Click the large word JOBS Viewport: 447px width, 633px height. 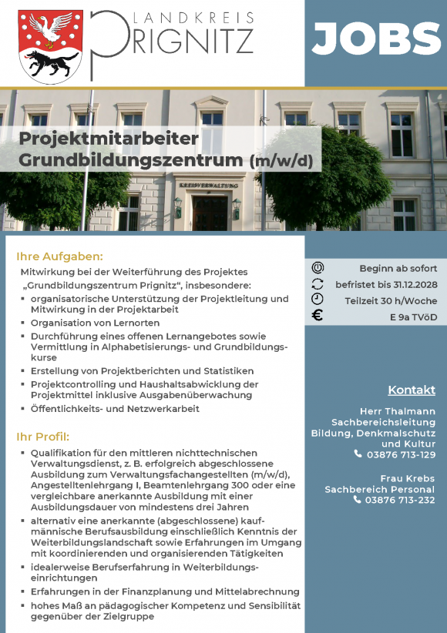pyautogui.click(x=376, y=39)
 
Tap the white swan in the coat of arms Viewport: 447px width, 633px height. pyautogui.click(x=51, y=29)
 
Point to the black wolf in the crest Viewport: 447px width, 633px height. pyautogui.click(x=51, y=62)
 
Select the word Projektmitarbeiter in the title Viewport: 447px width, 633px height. pyautogui.click(x=109, y=139)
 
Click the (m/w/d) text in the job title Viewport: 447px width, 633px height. pyautogui.click(x=281, y=161)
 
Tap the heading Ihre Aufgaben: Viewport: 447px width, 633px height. pyautogui.click(x=59, y=256)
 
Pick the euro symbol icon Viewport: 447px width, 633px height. pyautogui.click(x=318, y=315)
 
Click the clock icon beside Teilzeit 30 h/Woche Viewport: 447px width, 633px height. pyautogui.click(x=318, y=299)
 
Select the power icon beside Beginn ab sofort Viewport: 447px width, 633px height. pyautogui.click(x=318, y=268)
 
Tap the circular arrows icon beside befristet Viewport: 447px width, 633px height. pyautogui.click(x=318, y=283)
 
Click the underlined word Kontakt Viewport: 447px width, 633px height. pyautogui.click(x=412, y=390)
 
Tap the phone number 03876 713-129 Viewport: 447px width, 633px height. pyautogui.click(x=401, y=454)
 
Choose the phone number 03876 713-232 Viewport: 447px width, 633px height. pyautogui.click(x=401, y=500)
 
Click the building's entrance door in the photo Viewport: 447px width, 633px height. pyautogui.click(x=209, y=213)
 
